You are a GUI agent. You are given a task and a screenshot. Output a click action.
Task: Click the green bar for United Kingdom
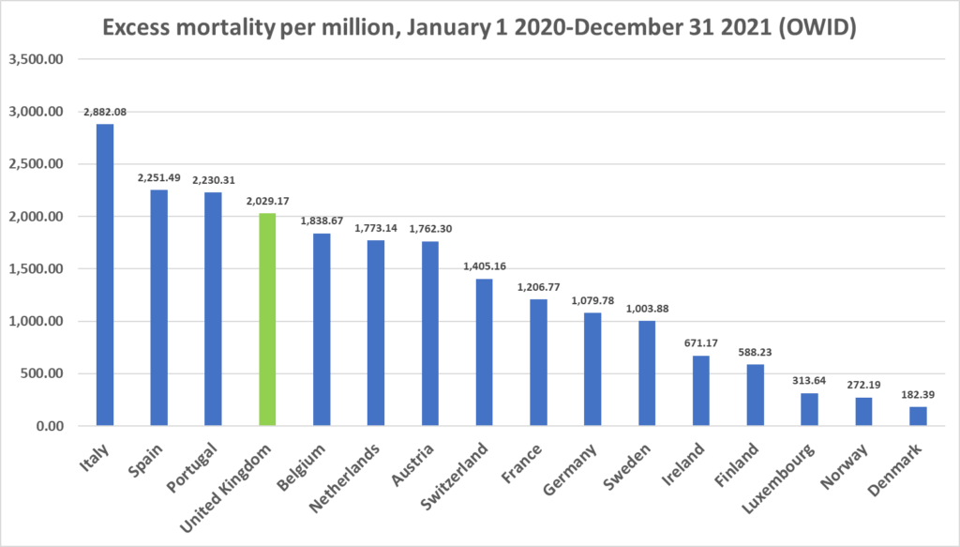click(267, 319)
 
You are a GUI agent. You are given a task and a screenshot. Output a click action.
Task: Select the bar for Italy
click(105, 275)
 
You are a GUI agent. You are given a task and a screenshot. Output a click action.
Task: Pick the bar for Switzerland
click(484, 352)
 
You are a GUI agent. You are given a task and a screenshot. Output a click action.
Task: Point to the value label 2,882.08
click(105, 113)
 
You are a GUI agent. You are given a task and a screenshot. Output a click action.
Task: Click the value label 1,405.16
click(484, 266)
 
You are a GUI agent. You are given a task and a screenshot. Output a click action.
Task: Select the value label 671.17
click(700, 343)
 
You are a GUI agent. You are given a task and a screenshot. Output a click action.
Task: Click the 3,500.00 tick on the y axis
click(35, 59)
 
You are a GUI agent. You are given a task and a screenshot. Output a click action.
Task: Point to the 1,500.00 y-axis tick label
click(35, 269)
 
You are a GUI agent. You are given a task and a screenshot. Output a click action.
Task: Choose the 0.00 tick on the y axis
click(46, 427)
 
